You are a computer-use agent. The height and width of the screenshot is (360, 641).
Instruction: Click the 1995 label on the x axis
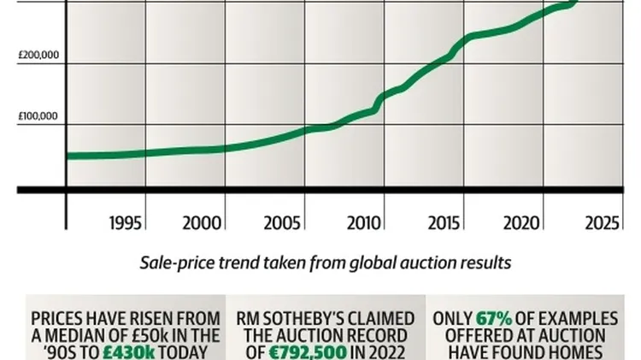click(128, 223)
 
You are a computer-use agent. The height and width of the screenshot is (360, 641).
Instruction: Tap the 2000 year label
click(203, 223)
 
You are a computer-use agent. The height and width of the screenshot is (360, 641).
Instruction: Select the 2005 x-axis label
click(282, 223)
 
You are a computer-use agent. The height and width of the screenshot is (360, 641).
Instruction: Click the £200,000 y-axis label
click(38, 56)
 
